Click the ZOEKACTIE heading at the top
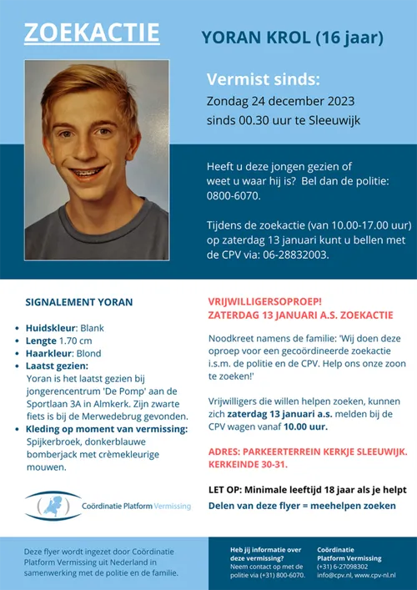tap(92, 33)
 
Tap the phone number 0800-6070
tap(234, 196)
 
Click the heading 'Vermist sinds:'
tap(263, 79)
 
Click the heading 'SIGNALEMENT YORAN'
tap(79, 301)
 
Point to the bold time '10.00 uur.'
tap(304, 426)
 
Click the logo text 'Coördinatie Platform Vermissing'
tap(136, 507)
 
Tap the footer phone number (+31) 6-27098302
tap(349, 567)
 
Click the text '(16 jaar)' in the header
tap(350, 37)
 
